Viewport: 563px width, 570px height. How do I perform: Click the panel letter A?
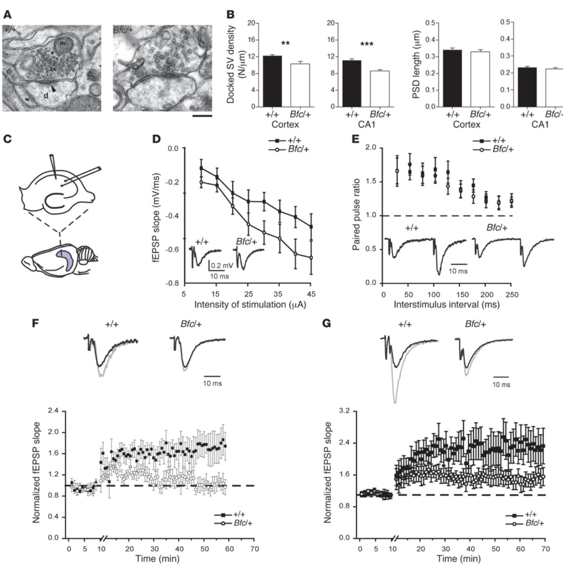click(8, 15)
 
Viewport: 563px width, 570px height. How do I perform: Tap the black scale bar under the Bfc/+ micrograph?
click(203, 115)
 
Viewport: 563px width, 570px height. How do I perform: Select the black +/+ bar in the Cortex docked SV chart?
click(272, 81)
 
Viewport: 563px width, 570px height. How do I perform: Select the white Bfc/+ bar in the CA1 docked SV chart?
click(380, 89)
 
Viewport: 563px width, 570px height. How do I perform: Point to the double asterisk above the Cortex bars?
click(286, 43)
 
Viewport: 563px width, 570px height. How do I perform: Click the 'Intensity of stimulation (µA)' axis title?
click(250, 305)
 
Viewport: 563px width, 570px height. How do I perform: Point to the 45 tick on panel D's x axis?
click(311, 294)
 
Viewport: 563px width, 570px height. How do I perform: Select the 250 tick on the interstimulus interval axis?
click(511, 294)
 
